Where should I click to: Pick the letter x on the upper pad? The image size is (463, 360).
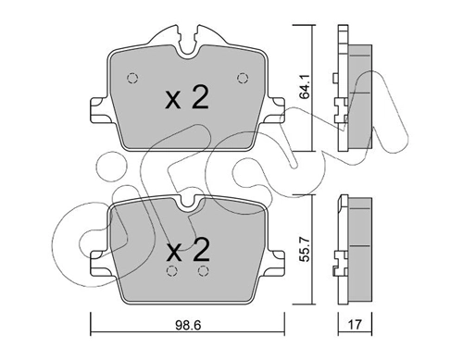click(172, 101)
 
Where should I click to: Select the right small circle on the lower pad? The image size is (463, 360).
click(202, 272)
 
